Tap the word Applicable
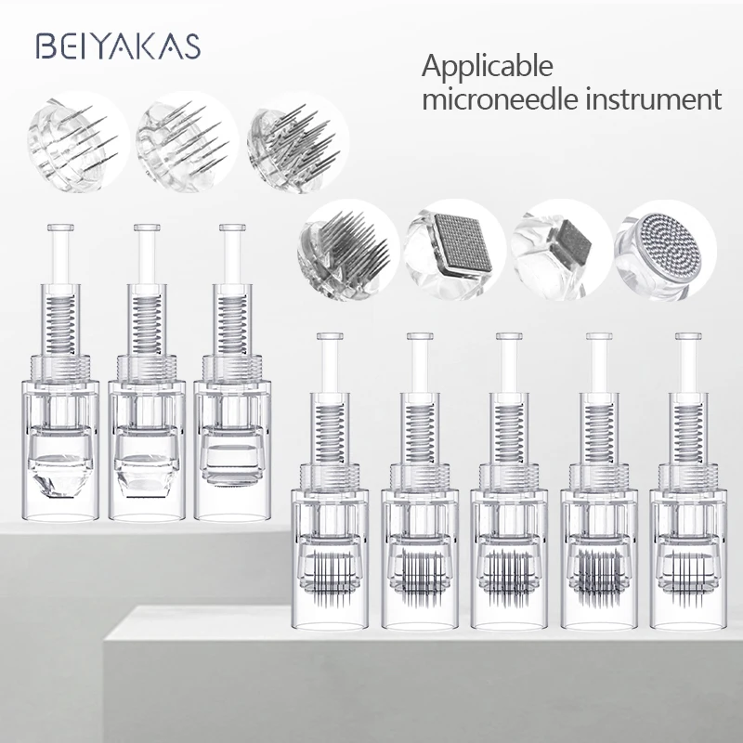(488, 67)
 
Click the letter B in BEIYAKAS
(43, 46)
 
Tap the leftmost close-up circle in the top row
(67, 137)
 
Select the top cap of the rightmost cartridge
(688, 336)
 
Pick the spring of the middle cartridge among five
(508, 424)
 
